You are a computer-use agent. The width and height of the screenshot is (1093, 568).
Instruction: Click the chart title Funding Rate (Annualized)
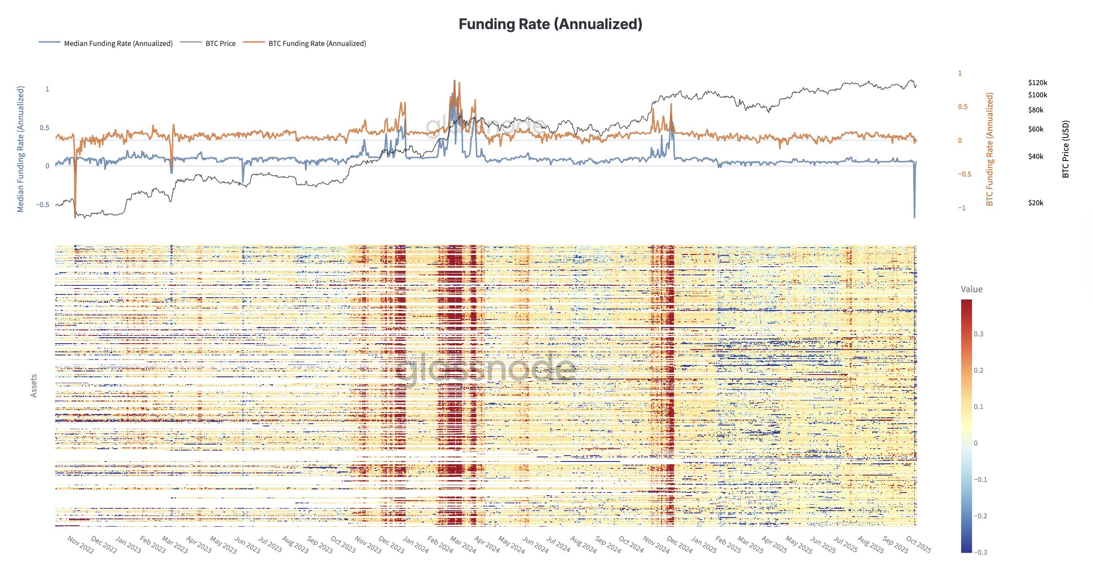point(550,24)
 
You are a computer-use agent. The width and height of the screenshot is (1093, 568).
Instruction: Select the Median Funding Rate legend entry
point(118,43)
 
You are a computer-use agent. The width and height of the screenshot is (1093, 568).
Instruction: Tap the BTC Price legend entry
point(220,43)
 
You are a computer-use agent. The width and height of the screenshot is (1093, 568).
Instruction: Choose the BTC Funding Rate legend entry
point(317,43)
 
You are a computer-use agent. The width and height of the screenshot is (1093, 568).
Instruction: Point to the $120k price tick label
point(1037,82)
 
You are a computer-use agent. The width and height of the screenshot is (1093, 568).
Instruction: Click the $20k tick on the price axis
point(1036,203)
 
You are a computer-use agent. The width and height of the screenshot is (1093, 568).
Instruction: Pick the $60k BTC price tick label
point(1036,129)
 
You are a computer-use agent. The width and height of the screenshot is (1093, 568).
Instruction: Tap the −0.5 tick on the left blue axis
point(43,204)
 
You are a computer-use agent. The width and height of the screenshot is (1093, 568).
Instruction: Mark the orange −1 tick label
point(961,208)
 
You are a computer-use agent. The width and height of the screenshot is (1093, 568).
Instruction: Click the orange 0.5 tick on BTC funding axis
point(962,106)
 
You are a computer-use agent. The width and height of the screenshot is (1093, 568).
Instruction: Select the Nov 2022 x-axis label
point(81,545)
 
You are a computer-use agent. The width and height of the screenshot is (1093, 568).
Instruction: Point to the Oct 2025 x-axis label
point(918,544)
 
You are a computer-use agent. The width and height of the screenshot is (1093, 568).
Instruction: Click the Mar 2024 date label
point(463,545)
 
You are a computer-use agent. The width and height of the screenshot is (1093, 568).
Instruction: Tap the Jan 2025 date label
point(703,545)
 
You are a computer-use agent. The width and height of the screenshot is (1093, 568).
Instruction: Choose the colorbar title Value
point(972,289)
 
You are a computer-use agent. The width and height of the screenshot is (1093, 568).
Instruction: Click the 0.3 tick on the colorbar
point(978,334)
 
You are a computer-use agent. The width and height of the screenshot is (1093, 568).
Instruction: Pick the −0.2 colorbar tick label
point(980,516)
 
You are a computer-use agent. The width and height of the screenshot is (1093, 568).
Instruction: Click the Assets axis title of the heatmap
point(34,386)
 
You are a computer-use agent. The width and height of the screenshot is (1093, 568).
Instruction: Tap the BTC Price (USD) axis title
point(1066,149)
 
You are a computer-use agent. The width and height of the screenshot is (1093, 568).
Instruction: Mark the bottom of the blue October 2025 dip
point(914,217)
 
